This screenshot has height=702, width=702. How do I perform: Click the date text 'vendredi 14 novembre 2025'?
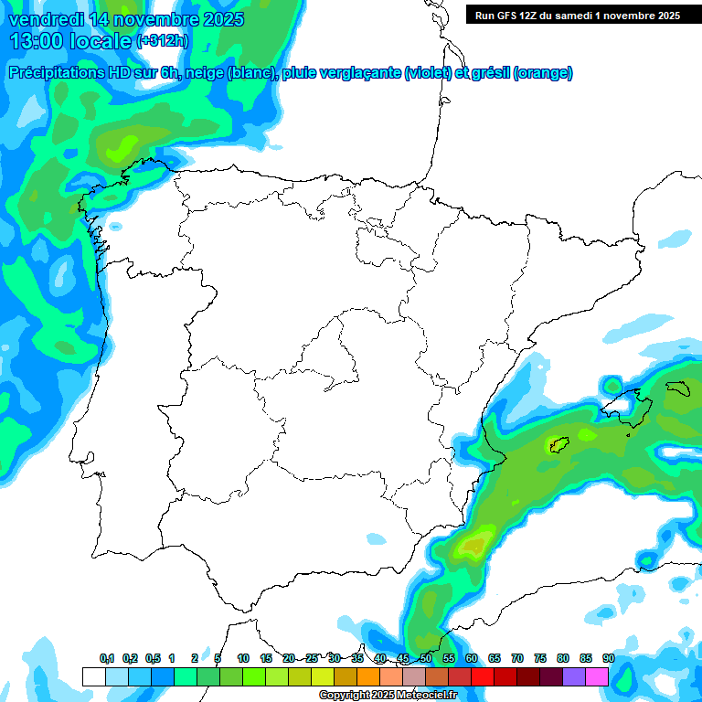point(126,19)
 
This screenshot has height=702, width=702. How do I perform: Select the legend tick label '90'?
point(609,658)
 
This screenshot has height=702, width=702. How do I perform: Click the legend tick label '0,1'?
point(106,658)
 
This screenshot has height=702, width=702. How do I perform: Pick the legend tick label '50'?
point(426,658)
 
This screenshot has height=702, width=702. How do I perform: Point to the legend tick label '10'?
point(243,658)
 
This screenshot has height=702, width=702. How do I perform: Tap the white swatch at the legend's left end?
point(93,676)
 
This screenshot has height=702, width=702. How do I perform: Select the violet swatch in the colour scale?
point(574,676)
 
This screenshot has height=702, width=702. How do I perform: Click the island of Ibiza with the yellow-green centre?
point(558,445)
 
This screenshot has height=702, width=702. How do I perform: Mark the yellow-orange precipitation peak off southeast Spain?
point(473,547)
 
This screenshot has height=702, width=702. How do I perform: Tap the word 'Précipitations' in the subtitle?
point(58,73)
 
